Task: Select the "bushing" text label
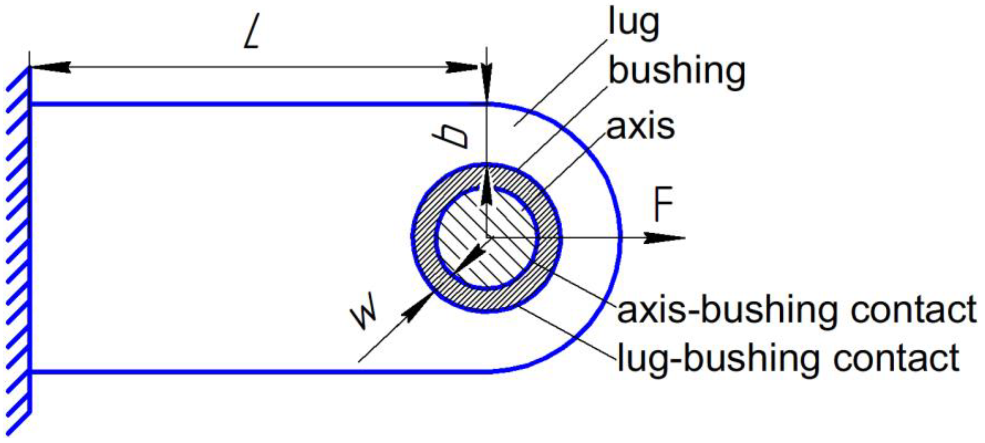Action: coord(677,73)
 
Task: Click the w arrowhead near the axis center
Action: coord(474,254)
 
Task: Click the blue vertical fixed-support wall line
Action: coord(30,237)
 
